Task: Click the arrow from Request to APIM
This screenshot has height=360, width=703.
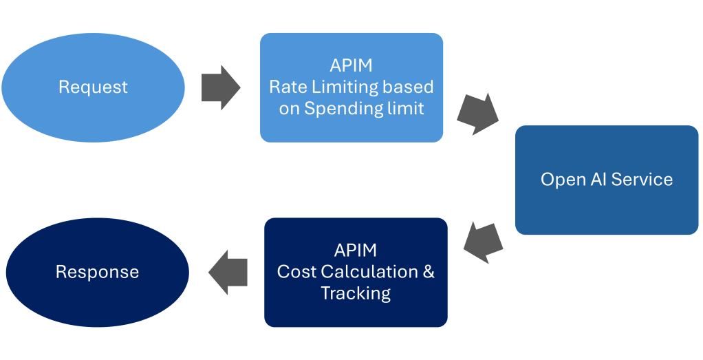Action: (220, 87)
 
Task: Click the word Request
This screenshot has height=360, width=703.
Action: (93, 87)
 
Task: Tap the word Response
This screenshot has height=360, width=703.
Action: (97, 272)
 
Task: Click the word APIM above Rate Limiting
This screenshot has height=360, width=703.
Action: (351, 66)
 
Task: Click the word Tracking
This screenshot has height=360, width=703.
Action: (356, 293)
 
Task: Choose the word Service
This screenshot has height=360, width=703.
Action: (642, 180)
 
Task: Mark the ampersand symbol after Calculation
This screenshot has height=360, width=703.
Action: (428, 271)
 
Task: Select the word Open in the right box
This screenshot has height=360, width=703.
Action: (559, 180)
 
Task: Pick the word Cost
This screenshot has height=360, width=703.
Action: (295, 271)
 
